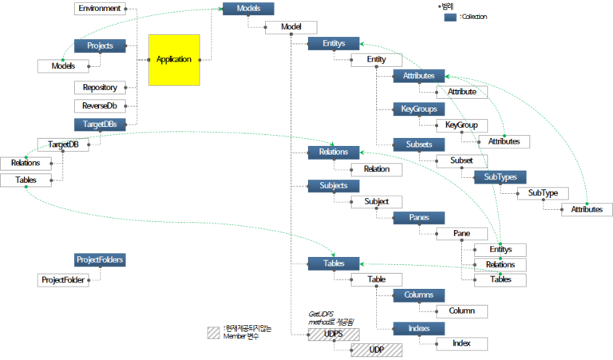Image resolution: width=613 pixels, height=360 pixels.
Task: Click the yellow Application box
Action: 174,60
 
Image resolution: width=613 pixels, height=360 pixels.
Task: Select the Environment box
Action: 100,9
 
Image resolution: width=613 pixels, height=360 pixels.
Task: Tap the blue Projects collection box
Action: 100,46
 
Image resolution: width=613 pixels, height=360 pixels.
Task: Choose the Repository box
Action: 100,87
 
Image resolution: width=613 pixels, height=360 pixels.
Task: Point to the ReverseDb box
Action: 100,105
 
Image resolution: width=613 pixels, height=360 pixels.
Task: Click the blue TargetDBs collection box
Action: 100,125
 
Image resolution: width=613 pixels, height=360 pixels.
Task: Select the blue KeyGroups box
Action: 418,109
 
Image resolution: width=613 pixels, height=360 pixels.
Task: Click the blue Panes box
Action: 418,217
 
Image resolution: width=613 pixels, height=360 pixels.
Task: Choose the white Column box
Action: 461,311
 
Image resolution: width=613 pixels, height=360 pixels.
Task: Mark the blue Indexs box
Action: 418,327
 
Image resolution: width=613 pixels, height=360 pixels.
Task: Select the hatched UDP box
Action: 376,349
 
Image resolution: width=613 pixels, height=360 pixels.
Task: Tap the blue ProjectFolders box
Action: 100,260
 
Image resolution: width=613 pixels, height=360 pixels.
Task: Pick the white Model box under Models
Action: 291,27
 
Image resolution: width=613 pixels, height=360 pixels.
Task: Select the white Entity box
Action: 376,61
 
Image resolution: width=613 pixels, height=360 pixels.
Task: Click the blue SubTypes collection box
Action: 500,176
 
